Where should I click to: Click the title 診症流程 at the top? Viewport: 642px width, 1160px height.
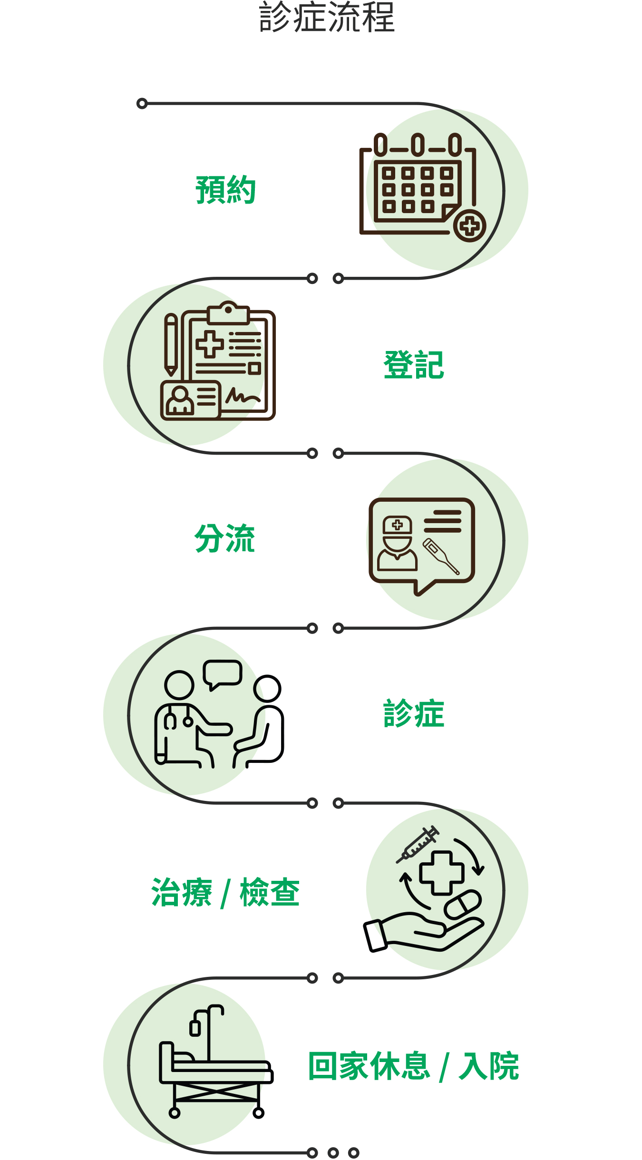pos(327,17)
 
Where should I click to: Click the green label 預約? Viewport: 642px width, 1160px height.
pos(225,190)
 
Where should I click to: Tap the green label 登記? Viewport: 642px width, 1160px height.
pos(414,365)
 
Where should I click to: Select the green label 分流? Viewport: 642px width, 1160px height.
pos(225,538)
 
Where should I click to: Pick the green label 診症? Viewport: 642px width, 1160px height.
pos(414,713)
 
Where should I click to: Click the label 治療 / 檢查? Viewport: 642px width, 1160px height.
pos(225,893)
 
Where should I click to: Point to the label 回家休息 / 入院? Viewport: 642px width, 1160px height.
pos(414,1067)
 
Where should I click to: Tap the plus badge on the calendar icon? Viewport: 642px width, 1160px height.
pos(470,226)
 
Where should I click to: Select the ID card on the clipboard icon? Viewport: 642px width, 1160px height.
pos(191,400)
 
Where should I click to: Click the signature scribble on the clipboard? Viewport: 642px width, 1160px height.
pos(243,396)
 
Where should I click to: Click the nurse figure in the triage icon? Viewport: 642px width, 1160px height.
pos(397,544)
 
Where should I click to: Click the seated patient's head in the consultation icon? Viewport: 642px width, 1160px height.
pos(267,689)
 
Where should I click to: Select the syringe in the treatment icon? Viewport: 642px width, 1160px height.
pos(418,844)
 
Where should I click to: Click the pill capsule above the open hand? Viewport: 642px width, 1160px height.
pos(463,905)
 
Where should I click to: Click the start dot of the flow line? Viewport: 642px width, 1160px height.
pos(142,103)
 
